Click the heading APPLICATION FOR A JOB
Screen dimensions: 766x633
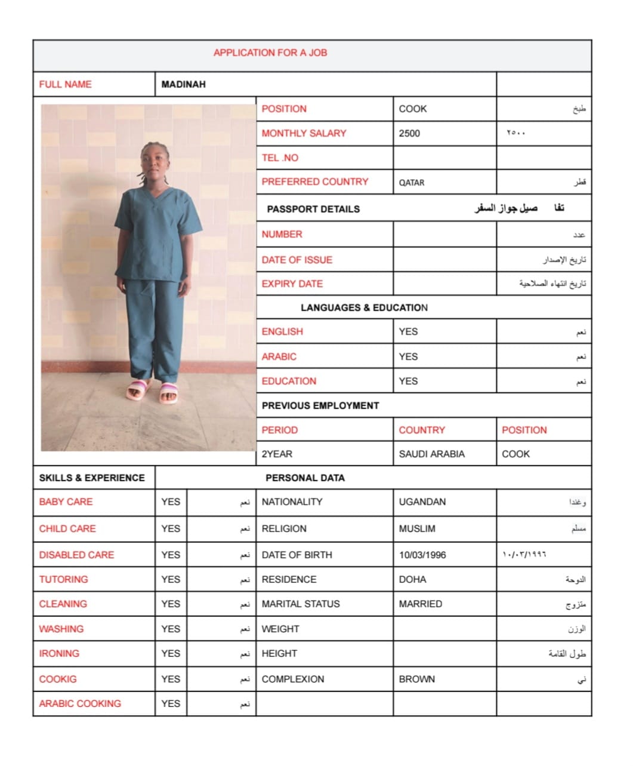click(270, 53)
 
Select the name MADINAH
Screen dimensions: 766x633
click(183, 84)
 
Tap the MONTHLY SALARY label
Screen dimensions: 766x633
click(304, 133)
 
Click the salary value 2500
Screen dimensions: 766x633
click(409, 133)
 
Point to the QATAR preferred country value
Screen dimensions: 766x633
click(412, 183)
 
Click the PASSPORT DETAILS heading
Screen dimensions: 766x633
click(313, 209)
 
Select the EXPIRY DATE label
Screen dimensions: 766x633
click(292, 284)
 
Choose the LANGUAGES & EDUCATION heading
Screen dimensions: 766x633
click(364, 307)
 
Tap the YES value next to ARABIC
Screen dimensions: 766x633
click(408, 356)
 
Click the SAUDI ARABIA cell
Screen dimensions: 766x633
click(431, 454)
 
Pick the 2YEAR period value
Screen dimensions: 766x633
click(277, 454)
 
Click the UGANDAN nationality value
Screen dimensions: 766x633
click(422, 502)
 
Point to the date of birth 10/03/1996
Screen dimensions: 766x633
click(422, 555)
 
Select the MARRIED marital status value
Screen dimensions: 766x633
click(421, 604)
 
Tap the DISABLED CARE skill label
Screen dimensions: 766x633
click(76, 555)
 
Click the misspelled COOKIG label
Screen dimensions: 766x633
click(58, 679)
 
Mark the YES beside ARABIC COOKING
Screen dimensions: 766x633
click(171, 703)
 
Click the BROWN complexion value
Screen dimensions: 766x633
click(416, 679)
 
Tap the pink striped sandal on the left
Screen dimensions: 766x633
click(139, 391)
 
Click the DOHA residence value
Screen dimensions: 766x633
click(412, 579)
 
